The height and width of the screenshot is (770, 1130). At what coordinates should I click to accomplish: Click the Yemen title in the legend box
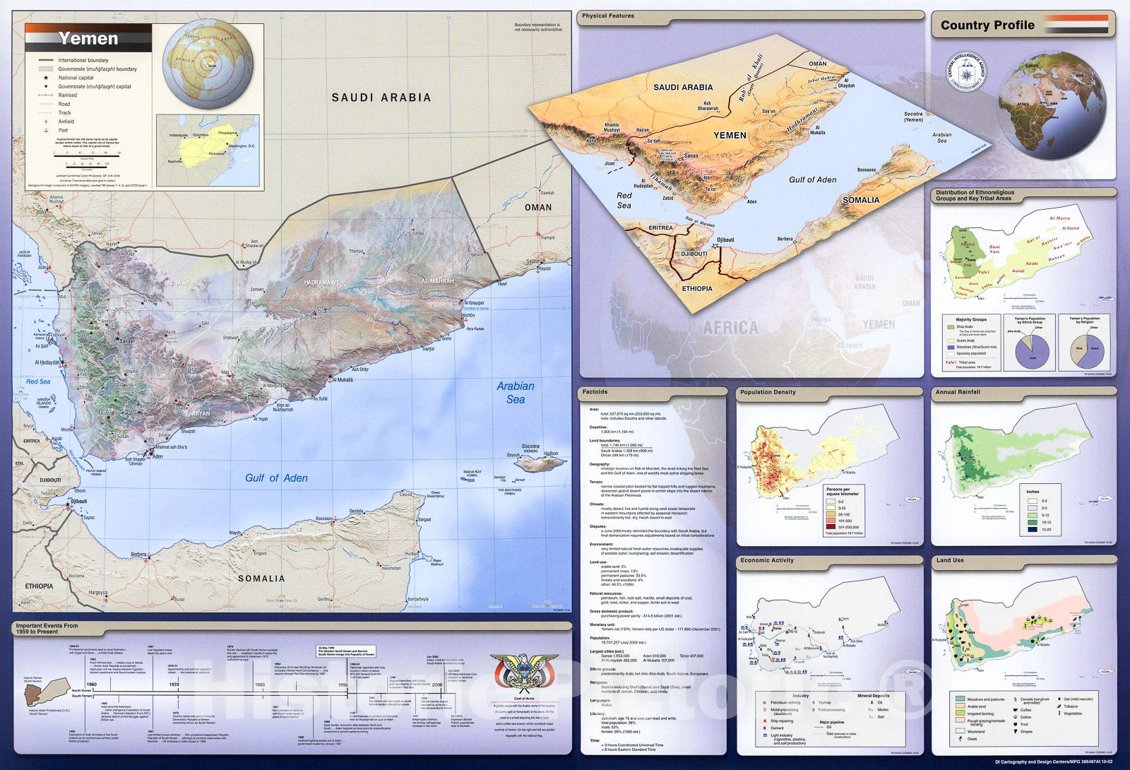(88, 38)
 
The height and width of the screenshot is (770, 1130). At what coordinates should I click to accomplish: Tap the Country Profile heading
(987, 25)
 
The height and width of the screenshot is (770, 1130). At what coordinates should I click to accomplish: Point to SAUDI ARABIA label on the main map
(381, 97)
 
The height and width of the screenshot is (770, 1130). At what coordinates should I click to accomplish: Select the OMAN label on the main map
(538, 207)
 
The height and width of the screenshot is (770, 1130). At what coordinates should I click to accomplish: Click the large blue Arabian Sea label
(516, 393)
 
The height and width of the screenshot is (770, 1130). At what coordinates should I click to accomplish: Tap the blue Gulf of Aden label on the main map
(276, 478)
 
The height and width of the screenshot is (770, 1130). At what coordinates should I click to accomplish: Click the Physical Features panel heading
(608, 16)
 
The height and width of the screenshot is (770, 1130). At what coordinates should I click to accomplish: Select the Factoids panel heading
(595, 391)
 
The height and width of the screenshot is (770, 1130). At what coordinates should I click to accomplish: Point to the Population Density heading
(768, 392)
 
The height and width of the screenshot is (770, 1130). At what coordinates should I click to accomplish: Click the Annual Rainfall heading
(958, 392)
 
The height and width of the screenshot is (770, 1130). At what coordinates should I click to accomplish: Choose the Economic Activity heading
(767, 560)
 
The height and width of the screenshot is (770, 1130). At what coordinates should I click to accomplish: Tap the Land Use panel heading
(950, 560)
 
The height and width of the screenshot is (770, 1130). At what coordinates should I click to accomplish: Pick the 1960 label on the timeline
(92, 685)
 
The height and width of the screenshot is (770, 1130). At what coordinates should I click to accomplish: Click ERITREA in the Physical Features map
(660, 228)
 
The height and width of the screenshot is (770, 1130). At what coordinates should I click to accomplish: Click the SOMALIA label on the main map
(261, 579)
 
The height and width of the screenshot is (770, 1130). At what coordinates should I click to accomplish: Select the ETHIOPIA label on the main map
(39, 586)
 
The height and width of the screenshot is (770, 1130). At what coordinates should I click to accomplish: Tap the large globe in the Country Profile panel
(1052, 105)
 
